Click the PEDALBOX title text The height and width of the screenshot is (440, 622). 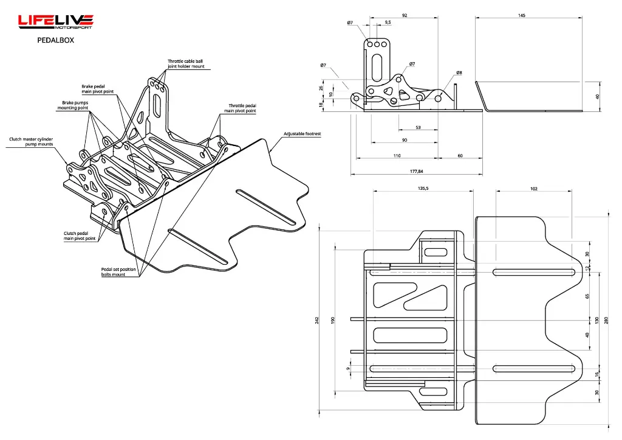(55, 41)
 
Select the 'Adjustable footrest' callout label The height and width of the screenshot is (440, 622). (302, 133)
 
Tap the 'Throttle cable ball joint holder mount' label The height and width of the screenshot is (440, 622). (186, 63)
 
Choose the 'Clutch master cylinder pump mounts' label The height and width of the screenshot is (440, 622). (31, 142)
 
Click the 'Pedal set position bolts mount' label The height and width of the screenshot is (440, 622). (114, 271)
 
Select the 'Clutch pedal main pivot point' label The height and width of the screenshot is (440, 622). (80, 236)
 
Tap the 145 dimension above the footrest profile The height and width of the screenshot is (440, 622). (521, 15)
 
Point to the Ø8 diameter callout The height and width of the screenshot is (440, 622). (459, 72)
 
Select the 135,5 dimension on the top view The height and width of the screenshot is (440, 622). (423, 189)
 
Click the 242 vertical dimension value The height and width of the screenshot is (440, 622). (317, 321)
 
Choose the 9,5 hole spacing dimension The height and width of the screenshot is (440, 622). (388, 23)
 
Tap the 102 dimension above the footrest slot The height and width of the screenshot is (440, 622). (533, 189)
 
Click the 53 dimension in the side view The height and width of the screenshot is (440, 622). (418, 127)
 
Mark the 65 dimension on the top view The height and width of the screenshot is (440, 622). (587, 296)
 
